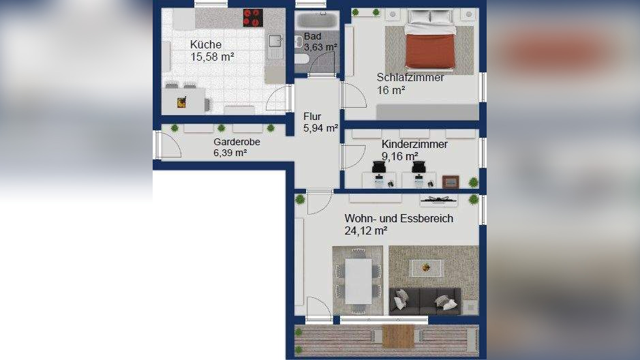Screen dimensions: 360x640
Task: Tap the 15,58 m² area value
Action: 212,58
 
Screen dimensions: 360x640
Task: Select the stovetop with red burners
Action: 253,17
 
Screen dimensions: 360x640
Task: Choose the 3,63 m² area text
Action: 320,47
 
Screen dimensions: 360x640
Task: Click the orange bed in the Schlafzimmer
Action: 429,48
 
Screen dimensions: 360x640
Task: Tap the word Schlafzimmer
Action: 410,77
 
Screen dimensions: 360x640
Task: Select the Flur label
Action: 312,116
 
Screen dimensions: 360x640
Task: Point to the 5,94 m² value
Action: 320,127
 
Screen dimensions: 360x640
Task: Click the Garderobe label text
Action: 237,142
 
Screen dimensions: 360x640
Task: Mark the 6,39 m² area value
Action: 230,153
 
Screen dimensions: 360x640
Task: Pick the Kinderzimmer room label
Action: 414,145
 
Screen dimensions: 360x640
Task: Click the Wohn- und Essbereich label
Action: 399,218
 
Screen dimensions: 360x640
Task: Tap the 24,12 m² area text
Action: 366,231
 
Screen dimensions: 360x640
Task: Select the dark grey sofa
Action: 425,300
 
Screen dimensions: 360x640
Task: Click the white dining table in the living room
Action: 359,280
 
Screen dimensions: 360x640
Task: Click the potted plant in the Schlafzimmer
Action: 376,12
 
